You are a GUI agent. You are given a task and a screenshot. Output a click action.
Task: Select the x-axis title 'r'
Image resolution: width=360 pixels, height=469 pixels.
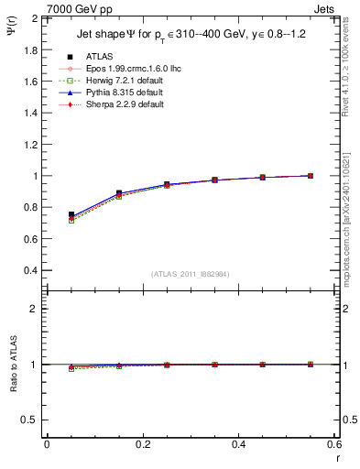coord(336,458)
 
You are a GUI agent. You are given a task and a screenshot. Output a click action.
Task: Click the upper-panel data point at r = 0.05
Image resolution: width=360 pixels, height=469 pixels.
coord(71,214)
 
